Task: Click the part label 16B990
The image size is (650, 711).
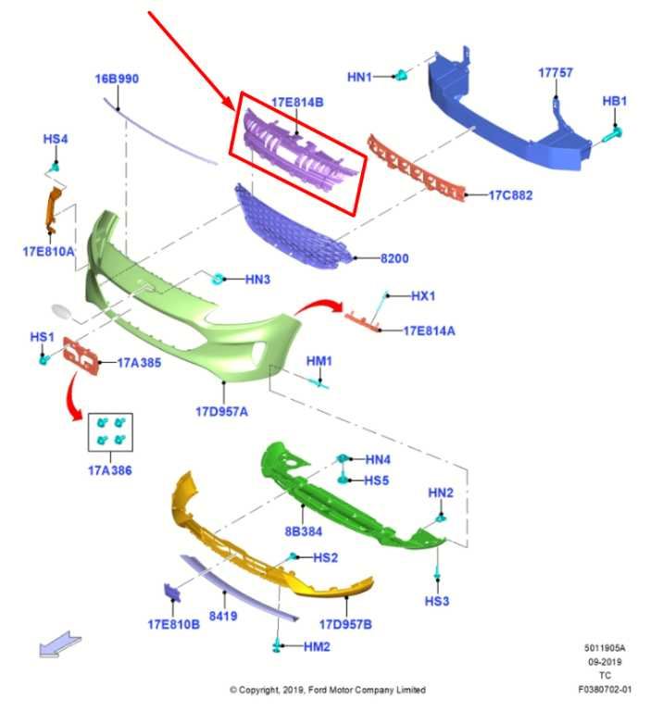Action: pos(117,79)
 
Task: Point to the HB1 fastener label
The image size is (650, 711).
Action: pos(615,101)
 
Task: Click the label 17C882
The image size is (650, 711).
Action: pos(510,195)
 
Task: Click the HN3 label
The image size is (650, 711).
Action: pos(257,279)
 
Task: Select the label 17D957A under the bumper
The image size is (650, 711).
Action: pos(221,411)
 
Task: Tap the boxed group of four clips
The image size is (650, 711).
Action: pos(110,431)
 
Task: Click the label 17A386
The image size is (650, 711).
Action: pos(110,470)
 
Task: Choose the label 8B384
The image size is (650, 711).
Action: pos(303,531)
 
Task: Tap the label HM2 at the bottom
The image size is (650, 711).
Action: pos(317,646)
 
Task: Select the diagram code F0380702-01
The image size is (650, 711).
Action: pos(605,689)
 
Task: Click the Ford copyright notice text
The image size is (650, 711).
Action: pos(328,690)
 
